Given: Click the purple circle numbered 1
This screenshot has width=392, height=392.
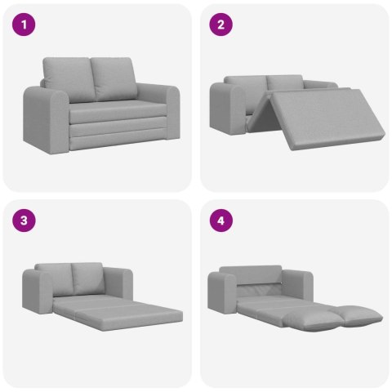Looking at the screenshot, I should [x=29, y=24].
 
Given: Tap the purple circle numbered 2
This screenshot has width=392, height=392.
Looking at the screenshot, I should [x=220, y=24].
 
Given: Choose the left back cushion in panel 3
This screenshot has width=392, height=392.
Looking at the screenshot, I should [x=57, y=278].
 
